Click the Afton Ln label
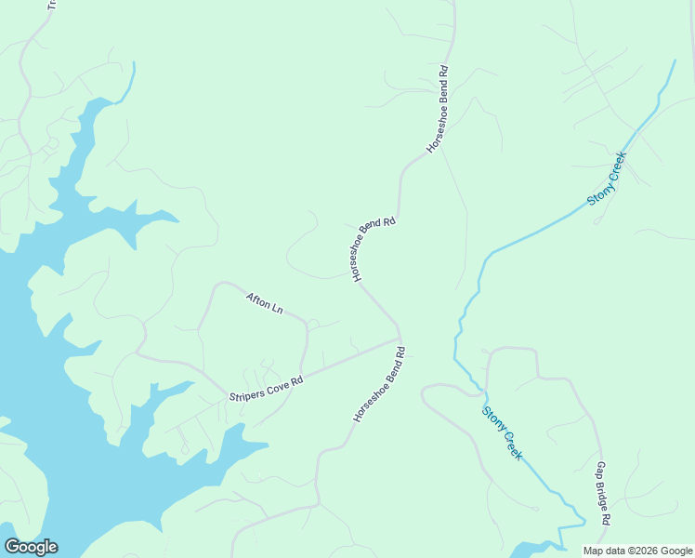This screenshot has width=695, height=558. tap(264, 303)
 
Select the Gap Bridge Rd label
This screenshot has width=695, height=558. tap(602, 494)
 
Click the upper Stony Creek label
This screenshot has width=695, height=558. tap(607, 179)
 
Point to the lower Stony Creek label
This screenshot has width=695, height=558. tap(502, 432)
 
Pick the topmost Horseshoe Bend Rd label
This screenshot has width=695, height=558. tap(438, 109)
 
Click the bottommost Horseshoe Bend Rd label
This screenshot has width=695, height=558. tap(380, 385)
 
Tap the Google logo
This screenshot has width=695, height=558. tap(31, 547)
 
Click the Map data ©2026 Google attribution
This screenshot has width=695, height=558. tap(638, 551)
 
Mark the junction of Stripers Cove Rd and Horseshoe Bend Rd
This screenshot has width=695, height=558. tap(400, 339)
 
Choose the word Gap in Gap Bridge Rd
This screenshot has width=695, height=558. tap(600, 470)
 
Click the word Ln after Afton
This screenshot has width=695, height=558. tap(277, 309)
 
